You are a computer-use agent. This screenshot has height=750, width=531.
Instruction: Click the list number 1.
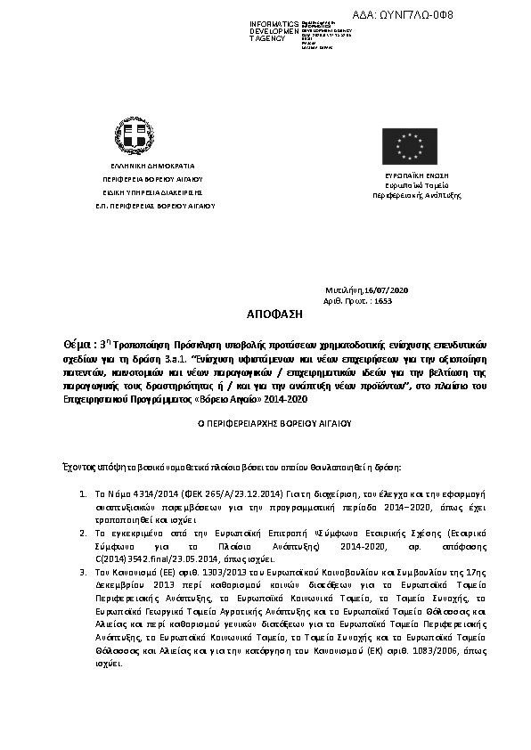coord(82,493)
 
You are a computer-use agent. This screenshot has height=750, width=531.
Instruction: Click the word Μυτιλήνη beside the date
coord(346,290)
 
